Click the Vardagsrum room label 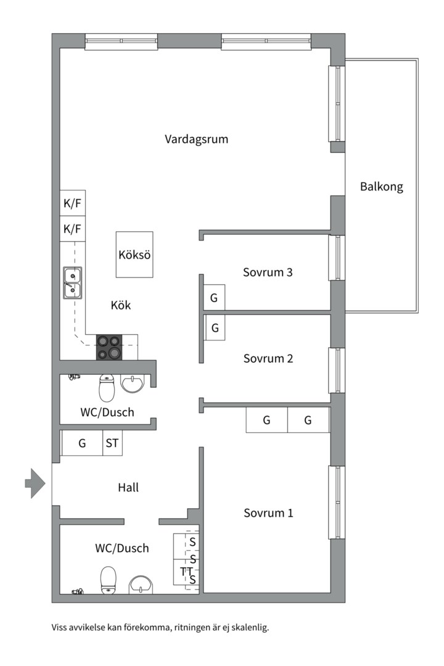[196, 139]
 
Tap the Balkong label [381, 187]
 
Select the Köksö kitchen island [135, 255]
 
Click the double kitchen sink [72, 283]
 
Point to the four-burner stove [109, 347]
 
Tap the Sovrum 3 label [267, 272]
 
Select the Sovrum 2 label [268, 358]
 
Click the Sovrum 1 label [268, 512]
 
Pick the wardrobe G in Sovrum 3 [215, 298]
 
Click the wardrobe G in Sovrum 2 [215, 328]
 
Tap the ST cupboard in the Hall [112, 443]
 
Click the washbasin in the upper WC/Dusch [133, 384]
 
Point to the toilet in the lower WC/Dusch [109, 580]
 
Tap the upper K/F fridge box [72, 203]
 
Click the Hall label [128, 487]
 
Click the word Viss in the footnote [60, 628]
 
